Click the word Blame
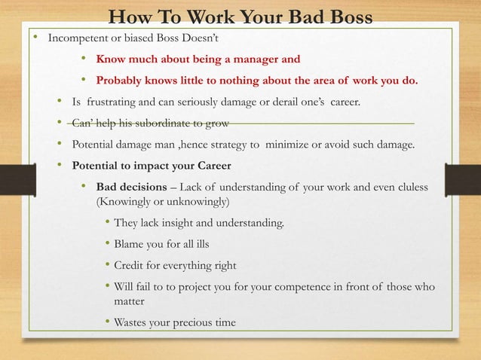(130, 244)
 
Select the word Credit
(130, 265)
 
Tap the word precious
(199, 322)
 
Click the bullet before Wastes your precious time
(108, 322)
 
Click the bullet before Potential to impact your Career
(60, 164)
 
